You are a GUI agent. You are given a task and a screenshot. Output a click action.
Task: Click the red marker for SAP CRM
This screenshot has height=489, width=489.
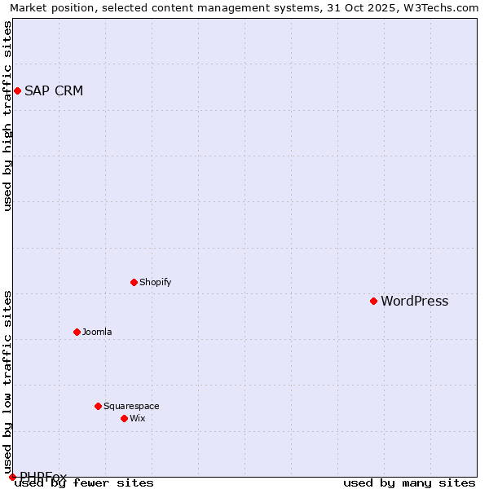17,90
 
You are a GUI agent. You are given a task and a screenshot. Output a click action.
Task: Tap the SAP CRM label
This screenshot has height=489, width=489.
54,90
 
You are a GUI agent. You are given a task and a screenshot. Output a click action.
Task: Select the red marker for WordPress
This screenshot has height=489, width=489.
374,301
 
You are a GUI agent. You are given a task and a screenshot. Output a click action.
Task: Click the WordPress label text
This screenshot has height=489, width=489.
414,301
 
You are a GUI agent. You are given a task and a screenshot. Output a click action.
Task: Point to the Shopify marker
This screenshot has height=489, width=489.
134,282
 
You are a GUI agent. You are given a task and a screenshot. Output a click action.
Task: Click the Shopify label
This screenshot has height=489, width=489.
155,282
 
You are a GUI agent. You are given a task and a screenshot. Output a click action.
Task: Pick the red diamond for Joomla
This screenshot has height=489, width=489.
77,332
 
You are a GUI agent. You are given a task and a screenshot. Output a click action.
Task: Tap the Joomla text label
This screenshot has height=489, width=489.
97,332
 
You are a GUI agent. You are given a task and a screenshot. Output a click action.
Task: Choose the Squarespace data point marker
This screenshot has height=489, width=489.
99,406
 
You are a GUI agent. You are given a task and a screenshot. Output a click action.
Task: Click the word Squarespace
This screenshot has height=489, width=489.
131,406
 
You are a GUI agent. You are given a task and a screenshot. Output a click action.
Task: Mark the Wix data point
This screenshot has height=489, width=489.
125,418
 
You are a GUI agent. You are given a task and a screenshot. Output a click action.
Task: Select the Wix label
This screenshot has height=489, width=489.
138,418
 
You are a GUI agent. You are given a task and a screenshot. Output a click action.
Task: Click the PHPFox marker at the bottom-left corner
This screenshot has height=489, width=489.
12,477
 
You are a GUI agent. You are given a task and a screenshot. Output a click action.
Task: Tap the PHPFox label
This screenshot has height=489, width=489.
43,477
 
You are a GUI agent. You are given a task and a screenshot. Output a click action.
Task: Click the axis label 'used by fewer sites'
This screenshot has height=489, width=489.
84,482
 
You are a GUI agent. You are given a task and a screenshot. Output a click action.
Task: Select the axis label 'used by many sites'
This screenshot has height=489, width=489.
409,482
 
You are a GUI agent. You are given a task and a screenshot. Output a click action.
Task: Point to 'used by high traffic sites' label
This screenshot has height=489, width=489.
8,116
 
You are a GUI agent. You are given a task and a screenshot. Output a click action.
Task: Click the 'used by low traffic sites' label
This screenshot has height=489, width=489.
8,377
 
